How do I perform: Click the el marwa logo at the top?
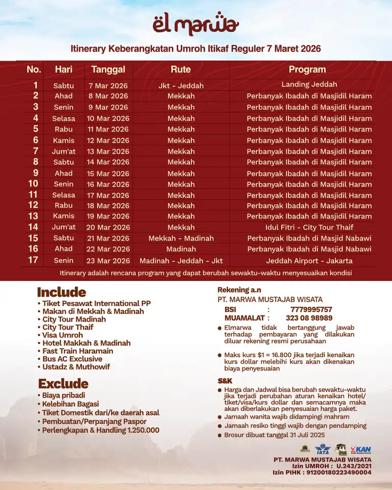[x=195, y=24]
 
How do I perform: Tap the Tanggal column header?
[x=108, y=69]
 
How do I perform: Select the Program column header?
[x=307, y=69]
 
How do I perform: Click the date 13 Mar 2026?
[x=108, y=152]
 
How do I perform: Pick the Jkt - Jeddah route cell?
[x=181, y=86]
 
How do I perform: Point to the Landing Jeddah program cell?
[x=309, y=85]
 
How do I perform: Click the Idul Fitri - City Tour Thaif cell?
[x=309, y=227]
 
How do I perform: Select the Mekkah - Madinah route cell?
[x=181, y=238]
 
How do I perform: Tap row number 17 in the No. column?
[x=33, y=260]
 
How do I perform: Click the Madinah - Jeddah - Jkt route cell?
[x=181, y=261]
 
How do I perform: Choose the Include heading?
[x=61, y=292]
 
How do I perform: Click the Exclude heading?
[x=63, y=383]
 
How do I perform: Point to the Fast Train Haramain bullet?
[x=78, y=351]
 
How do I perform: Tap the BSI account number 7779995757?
[x=311, y=310]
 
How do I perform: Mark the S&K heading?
[x=225, y=381]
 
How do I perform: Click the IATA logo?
[x=323, y=450]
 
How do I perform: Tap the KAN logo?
[x=362, y=449]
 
